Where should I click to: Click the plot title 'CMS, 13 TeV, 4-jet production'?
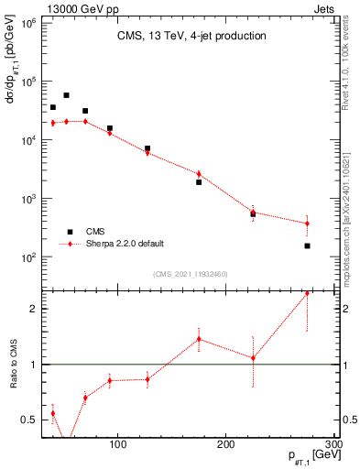(x=191, y=37)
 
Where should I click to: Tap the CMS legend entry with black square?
(x=94, y=232)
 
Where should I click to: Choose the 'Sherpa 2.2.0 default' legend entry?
(x=125, y=244)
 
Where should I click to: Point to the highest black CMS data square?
(x=66, y=95)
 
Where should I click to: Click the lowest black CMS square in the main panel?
(x=307, y=245)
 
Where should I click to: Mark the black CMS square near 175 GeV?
(x=199, y=182)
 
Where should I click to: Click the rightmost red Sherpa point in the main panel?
(x=307, y=224)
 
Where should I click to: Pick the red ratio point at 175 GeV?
(x=199, y=339)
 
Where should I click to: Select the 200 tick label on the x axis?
(x=226, y=444)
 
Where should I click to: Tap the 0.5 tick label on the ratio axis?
(x=28, y=420)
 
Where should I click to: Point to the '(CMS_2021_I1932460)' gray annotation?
(x=189, y=274)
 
